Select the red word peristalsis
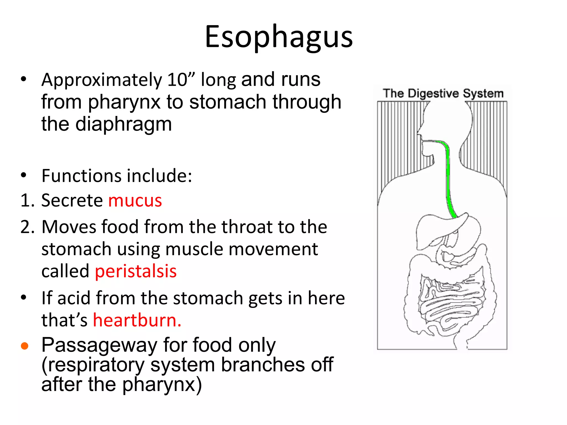point(136,271)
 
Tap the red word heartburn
point(137,320)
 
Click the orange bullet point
point(25,346)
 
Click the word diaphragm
point(123,125)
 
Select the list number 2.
point(27,227)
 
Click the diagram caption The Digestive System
point(443,94)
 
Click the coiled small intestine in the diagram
point(451,302)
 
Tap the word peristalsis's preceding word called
point(65,271)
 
